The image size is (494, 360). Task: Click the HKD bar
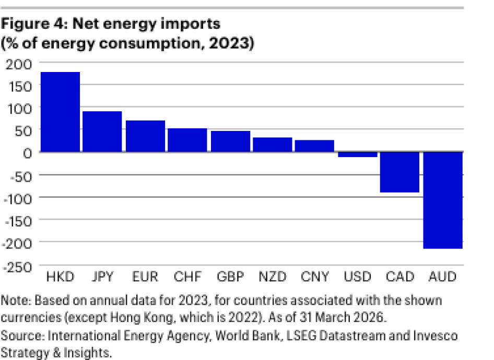point(60,112)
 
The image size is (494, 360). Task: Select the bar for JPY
point(102,131)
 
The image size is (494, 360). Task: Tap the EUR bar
point(145,136)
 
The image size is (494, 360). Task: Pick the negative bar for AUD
point(442,200)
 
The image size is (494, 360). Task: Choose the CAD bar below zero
point(399,172)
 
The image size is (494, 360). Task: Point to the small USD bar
point(357,154)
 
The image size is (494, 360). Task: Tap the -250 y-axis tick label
point(18,266)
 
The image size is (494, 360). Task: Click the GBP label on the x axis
point(230,277)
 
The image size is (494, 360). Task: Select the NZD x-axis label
point(272,277)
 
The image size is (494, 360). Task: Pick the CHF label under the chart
point(187,277)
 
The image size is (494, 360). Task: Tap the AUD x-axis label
point(442,277)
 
